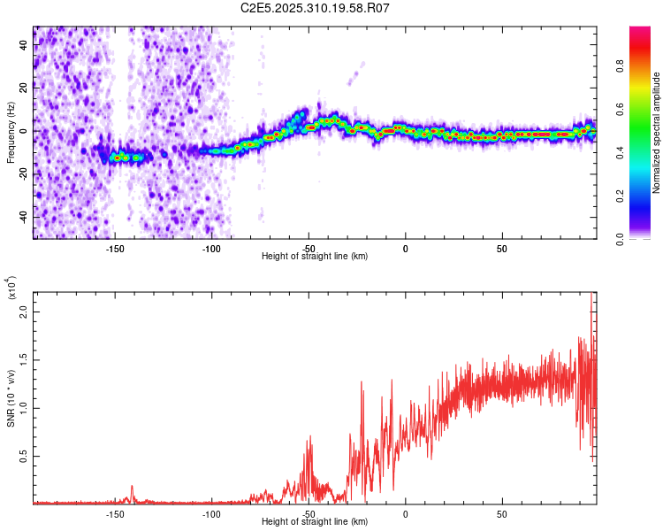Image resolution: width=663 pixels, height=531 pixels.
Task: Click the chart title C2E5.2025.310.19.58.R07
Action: [x=316, y=8]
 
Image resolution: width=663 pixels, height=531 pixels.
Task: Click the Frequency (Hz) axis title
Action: [x=11, y=132]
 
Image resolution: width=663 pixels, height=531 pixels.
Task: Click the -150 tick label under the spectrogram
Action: [x=115, y=249]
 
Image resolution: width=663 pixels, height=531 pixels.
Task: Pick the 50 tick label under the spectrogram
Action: [x=501, y=249]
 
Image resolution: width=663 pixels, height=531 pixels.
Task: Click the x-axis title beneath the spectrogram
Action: [x=315, y=257]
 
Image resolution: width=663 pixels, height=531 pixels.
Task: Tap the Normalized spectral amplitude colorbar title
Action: [x=657, y=133]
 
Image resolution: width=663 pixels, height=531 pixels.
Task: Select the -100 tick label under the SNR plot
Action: [x=211, y=514]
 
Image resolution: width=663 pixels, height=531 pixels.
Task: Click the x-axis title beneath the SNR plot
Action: [x=315, y=522]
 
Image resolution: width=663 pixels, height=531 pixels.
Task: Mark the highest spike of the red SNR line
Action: [x=591, y=294]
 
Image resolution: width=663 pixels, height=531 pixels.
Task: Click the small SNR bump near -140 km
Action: [x=132, y=487]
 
